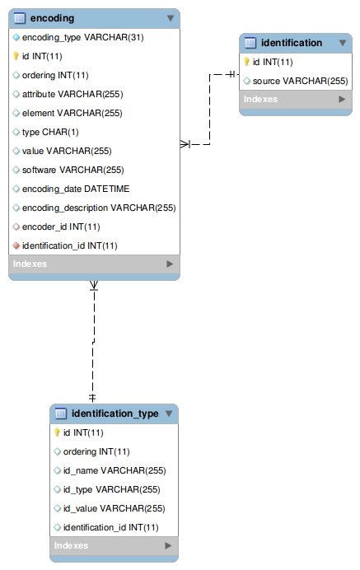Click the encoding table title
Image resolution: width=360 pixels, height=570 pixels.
click(x=52, y=17)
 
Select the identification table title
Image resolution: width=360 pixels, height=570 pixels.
click(x=291, y=42)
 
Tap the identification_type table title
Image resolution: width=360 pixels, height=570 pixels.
click(x=115, y=413)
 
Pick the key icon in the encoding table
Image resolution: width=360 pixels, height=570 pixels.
click(x=16, y=57)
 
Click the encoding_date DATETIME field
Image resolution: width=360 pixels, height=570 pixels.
click(x=76, y=189)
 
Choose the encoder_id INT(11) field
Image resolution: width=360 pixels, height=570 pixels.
click(x=61, y=227)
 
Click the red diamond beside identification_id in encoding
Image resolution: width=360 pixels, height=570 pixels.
click(x=16, y=245)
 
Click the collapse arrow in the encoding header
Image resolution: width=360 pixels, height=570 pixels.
click(x=170, y=17)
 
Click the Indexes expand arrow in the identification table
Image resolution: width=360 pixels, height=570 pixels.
click(x=342, y=100)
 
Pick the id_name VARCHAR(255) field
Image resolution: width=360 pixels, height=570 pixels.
click(x=115, y=470)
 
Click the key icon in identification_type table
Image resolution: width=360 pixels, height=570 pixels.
click(x=57, y=432)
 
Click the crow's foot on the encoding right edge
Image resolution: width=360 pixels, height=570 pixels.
click(x=186, y=144)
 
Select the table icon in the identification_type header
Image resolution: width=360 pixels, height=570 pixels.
click(x=61, y=413)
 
